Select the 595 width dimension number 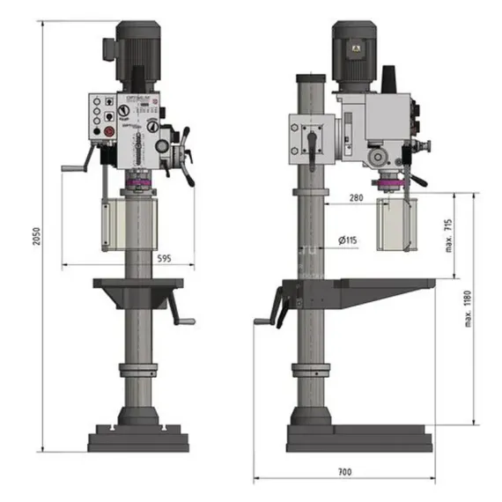pyautogui.click(x=162, y=258)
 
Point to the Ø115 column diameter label pyautogui.click(x=348, y=240)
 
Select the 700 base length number pyautogui.click(x=343, y=473)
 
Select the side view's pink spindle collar pyautogui.click(x=387, y=182)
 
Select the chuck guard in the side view pyautogui.click(x=395, y=227)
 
